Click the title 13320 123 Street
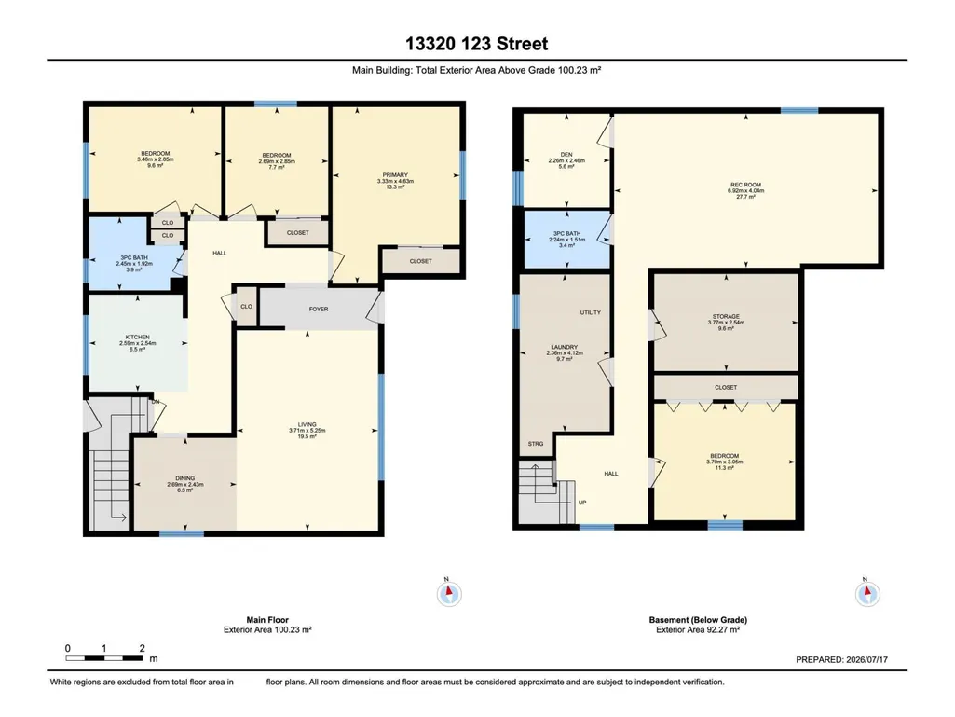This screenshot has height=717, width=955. pos(477,44)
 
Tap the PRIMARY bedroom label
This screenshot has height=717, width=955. pos(395,175)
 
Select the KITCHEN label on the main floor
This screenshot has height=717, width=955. pos(138,338)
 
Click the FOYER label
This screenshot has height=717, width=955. pos(319,310)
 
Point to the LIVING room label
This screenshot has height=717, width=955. pos(307,424)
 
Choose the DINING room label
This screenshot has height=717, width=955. pos(185,478)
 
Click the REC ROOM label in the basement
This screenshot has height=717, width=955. pos(745,185)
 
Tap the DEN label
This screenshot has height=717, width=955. pos(566,155)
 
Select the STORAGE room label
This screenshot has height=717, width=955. pos(726,317)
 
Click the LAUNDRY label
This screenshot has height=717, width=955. pos(564,348)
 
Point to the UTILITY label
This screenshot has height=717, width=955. pos(590,312)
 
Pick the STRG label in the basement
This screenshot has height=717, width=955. pos(536,444)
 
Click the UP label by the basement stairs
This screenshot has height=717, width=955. pos(582,503)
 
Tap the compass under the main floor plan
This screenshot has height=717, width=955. pos(449,593)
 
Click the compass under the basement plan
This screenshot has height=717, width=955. pos(867,593)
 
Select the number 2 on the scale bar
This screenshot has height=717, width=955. pos(142,649)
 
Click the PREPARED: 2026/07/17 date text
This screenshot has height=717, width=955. pos(841,660)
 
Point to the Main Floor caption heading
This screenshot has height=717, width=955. pos(267,620)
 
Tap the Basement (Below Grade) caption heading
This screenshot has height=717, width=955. pos(698,620)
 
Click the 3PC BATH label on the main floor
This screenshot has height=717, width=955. pos(134,258)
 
